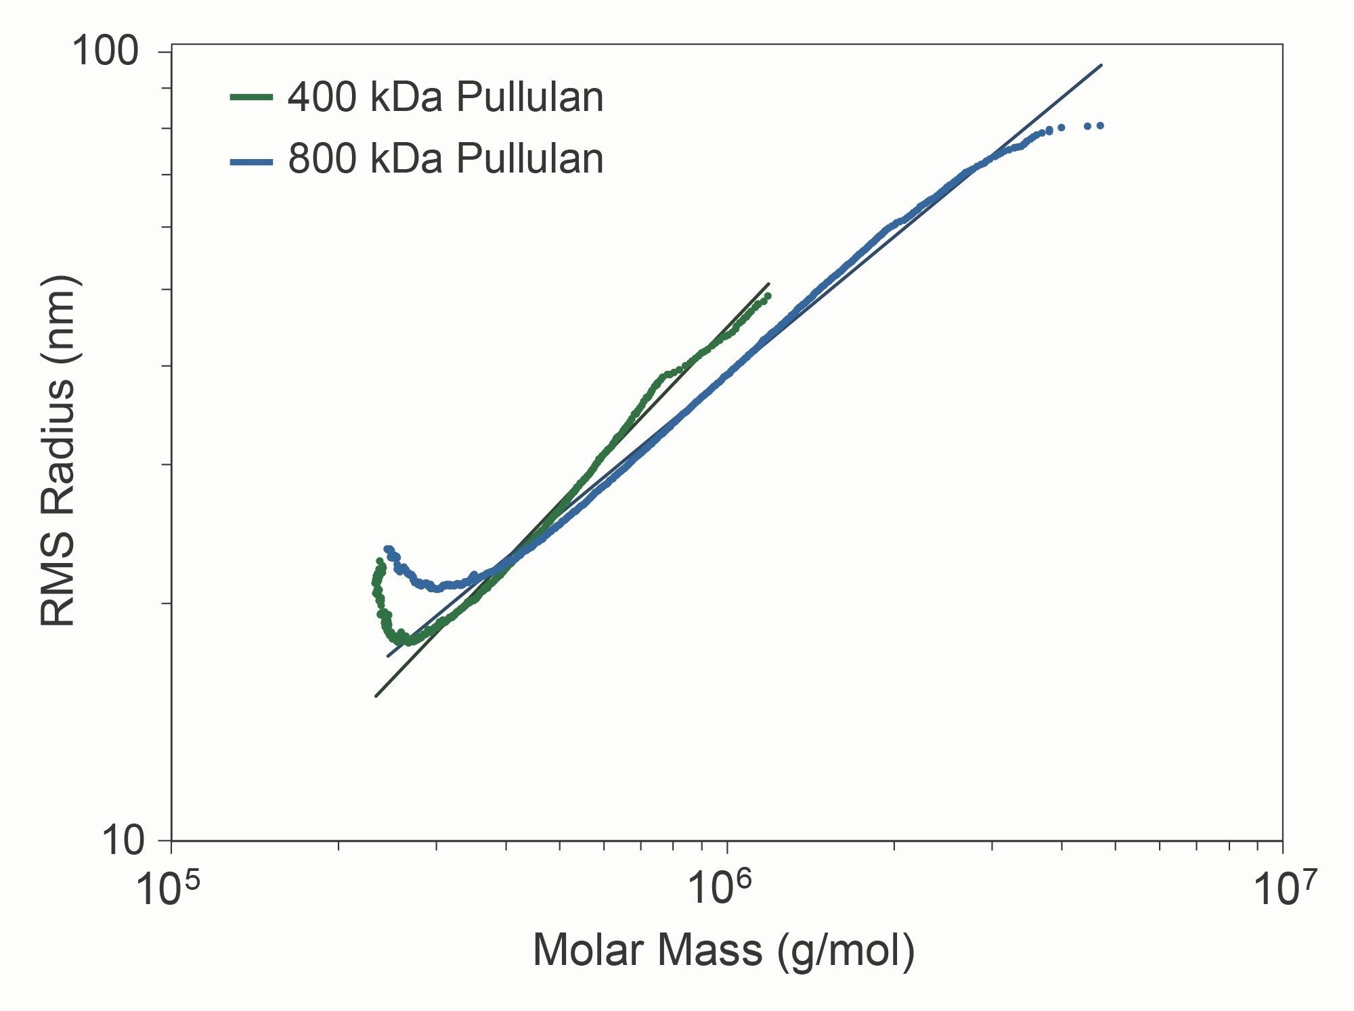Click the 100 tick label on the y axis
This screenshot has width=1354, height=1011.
click(x=104, y=51)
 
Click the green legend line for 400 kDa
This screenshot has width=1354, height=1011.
click(x=251, y=97)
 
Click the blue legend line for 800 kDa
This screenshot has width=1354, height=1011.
click(x=251, y=161)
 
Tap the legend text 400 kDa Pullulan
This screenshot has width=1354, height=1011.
click(x=445, y=97)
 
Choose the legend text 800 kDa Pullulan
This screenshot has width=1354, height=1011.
click(x=445, y=160)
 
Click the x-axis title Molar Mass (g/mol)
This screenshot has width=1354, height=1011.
click(x=723, y=951)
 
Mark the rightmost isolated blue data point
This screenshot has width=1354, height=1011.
click(x=1101, y=125)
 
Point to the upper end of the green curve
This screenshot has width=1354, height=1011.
click(x=768, y=296)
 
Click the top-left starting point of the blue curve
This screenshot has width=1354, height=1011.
click(x=387, y=549)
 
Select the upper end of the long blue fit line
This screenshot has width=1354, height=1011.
click(x=1101, y=65)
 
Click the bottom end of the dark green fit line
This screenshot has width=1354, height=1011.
click(x=376, y=696)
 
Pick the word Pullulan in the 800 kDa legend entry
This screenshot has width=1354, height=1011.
click(x=529, y=160)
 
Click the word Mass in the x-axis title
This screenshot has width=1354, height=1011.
click(x=709, y=949)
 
